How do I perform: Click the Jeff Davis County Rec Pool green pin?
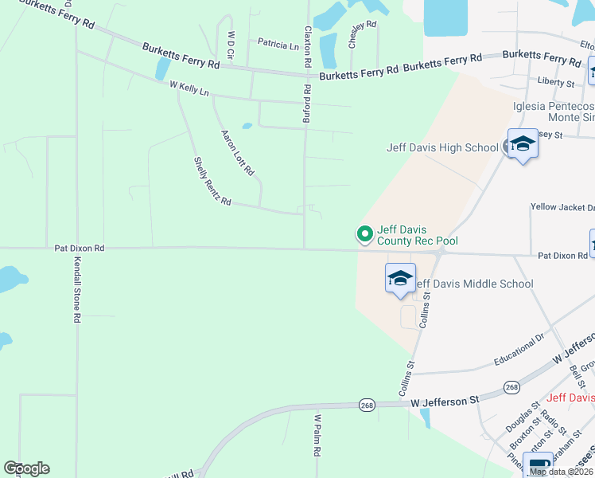365,233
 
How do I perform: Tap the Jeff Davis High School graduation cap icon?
523,144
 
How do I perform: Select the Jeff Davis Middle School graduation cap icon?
401,278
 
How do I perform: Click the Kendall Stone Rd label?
77,289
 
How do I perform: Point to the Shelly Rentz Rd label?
212,182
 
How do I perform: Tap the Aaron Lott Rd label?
237,152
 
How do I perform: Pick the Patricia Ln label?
278,45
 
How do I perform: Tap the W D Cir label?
231,46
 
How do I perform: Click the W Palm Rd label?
317,434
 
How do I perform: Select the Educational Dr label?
518,351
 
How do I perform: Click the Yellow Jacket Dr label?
562,207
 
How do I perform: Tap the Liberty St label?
556,82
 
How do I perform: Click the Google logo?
26,468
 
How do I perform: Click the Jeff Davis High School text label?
441,147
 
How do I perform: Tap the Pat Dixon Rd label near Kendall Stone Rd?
80,248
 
